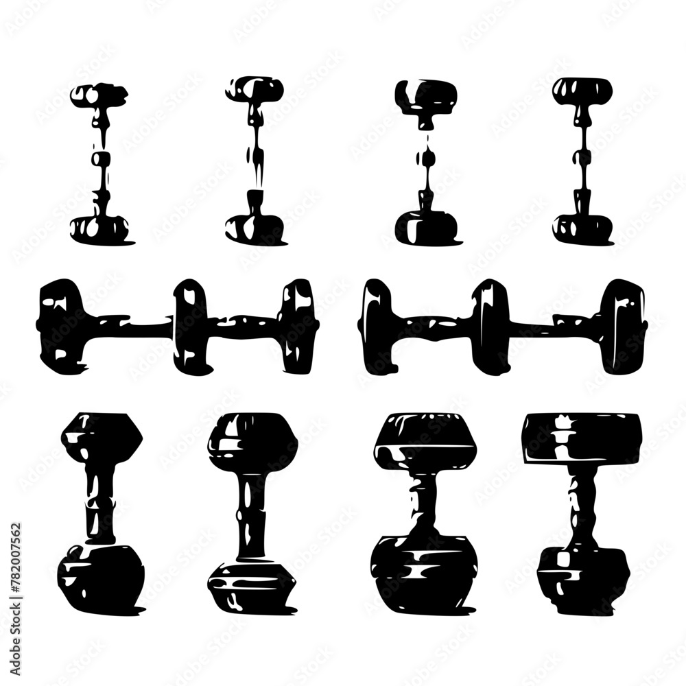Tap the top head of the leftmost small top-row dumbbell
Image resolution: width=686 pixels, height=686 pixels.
click(100, 95)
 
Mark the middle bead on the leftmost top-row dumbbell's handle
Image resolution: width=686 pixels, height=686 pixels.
click(101, 160)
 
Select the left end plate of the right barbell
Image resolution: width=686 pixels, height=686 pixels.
click(378, 326)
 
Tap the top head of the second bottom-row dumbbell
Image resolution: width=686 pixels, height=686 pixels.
click(252, 439)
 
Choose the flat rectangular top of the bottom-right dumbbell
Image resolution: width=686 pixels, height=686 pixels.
click(582, 438)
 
